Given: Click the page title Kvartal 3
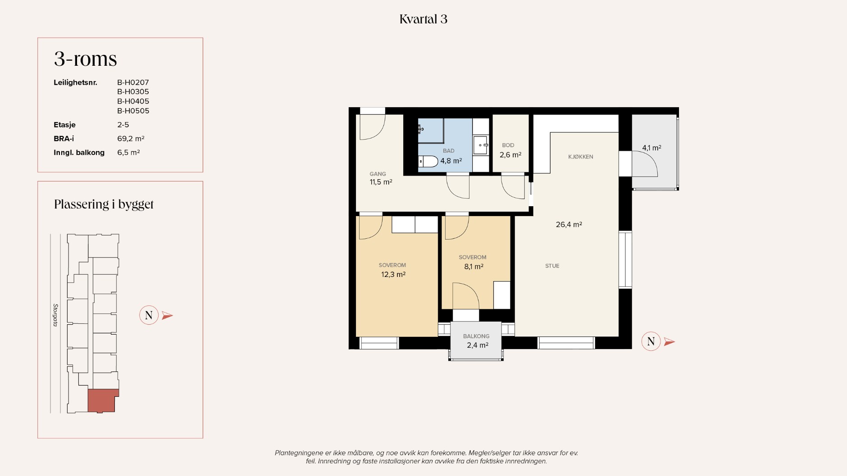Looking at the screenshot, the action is click(x=423, y=19).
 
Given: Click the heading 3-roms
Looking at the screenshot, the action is click(x=86, y=59).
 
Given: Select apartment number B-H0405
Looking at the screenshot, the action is click(x=133, y=101).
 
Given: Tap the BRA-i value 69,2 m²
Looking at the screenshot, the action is click(x=131, y=139).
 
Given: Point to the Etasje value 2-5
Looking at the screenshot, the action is click(x=123, y=125).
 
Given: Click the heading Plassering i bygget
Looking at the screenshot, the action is click(x=104, y=204).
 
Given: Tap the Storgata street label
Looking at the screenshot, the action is click(x=55, y=315).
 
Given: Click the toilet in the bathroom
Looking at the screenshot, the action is click(x=428, y=161).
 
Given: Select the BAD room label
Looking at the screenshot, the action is click(x=449, y=151).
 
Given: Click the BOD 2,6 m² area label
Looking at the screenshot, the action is click(x=510, y=150).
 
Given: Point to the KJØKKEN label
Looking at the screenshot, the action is click(x=581, y=157).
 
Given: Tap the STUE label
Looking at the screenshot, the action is click(x=552, y=266).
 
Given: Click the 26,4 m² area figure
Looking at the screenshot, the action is click(x=569, y=225).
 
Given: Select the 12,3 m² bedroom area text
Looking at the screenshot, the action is click(x=393, y=274).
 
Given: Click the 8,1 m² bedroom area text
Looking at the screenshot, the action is click(x=474, y=267).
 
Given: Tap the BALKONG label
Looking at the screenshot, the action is click(x=476, y=336).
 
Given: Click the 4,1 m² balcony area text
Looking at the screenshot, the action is click(x=651, y=148).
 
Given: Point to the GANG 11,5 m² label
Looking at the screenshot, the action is click(x=381, y=178).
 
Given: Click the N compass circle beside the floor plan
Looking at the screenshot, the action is click(x=651, y=341).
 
